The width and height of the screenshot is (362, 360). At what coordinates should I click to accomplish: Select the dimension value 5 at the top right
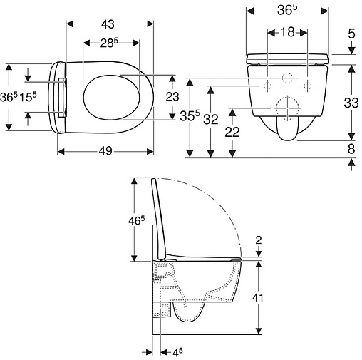[x=351, y=34]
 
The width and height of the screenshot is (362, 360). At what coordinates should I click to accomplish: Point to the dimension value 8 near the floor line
[x=352, y=148]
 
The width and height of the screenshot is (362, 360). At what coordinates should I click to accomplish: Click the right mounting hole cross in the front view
[x=308, y=85]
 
